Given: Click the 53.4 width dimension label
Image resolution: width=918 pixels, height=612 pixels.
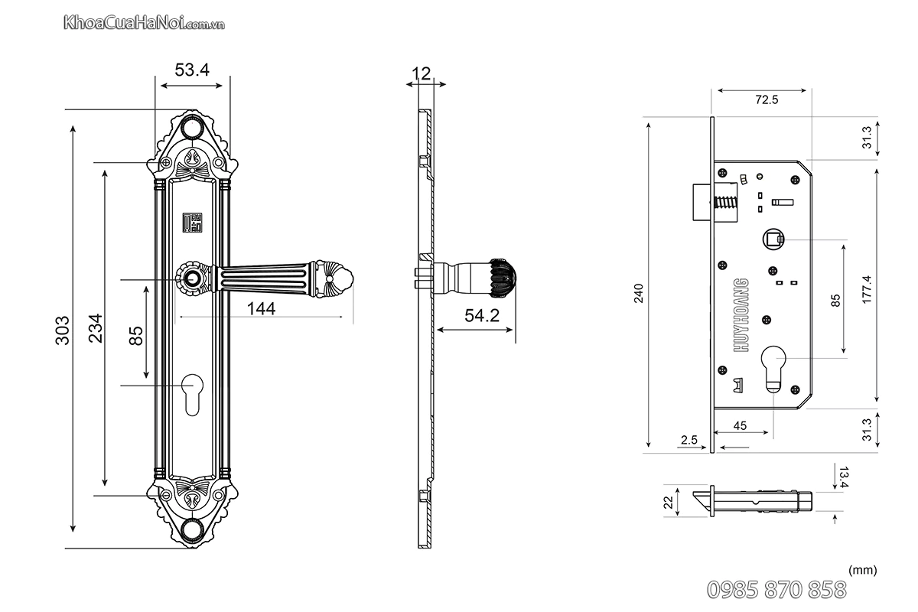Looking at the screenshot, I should (x=192, y=70).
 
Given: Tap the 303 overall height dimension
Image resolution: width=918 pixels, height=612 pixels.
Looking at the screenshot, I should (x=63, y=330).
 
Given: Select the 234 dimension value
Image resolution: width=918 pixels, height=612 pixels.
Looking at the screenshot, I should (x=94, y=330).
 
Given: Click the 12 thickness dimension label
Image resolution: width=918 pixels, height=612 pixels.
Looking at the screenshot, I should (x=421, y=73).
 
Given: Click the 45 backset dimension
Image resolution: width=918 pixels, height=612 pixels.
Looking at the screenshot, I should (x=740, y=426).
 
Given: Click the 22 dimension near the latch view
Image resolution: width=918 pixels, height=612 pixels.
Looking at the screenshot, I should (x=668, y=503).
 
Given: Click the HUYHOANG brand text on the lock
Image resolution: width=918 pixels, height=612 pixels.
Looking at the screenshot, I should (x=741, y=315).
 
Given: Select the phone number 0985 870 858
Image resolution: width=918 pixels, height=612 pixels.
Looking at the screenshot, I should (x=775, y=590).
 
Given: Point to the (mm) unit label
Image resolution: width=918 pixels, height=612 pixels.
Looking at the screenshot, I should (x=862, y=570).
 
